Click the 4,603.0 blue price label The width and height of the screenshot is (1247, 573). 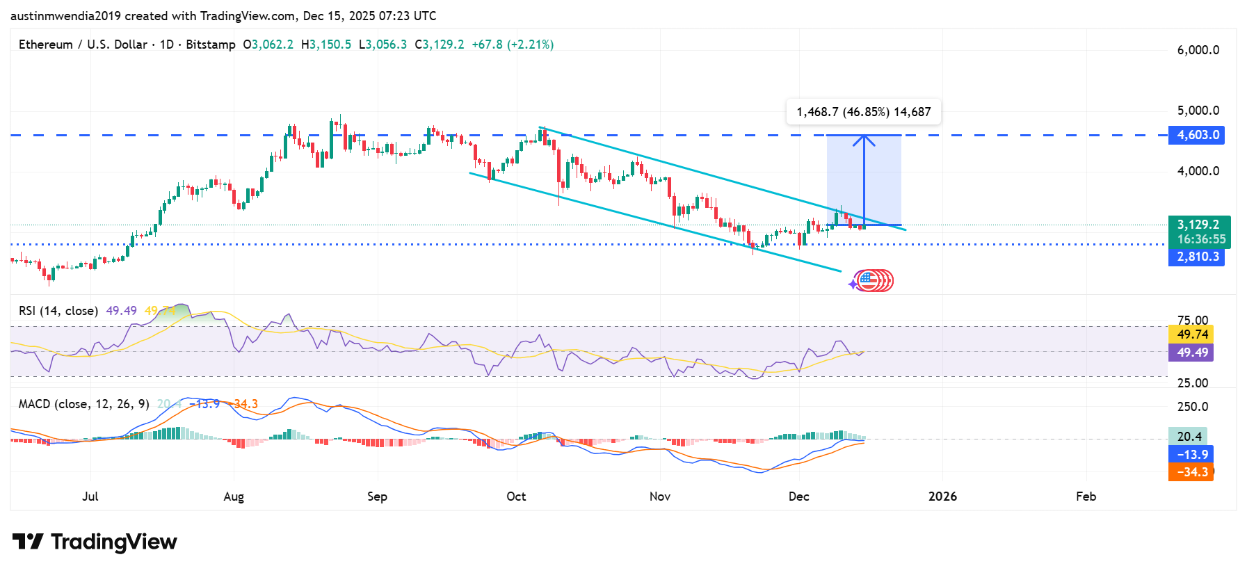coord(1196,135)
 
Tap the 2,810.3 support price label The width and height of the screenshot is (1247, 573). coord(1196,257)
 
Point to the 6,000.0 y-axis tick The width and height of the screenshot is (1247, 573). coord(1198,50)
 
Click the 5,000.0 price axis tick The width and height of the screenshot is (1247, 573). coord(1198,111)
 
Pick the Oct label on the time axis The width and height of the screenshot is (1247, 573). coord(516,497)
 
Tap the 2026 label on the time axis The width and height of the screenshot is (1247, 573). coord(942,497)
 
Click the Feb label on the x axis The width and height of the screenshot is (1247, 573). coord(1086,497)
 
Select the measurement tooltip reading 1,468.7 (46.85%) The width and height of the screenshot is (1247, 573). coord(863,112)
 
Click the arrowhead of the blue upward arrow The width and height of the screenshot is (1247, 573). coord(864,138)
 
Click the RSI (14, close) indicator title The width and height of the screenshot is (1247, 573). coord(58,311)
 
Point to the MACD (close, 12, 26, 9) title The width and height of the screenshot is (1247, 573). coord(83,404)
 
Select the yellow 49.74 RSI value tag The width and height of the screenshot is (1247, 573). coord(1191,334)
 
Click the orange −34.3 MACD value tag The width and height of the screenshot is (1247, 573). coord(1191,472)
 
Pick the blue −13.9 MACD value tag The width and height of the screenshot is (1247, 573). coord(1191,455)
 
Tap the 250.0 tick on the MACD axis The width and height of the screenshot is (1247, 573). coord(1192,407)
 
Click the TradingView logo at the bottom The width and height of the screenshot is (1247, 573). coord(95,542)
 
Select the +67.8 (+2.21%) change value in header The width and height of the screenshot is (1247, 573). coord(513,45)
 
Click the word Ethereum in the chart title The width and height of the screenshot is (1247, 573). coord(45,45)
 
